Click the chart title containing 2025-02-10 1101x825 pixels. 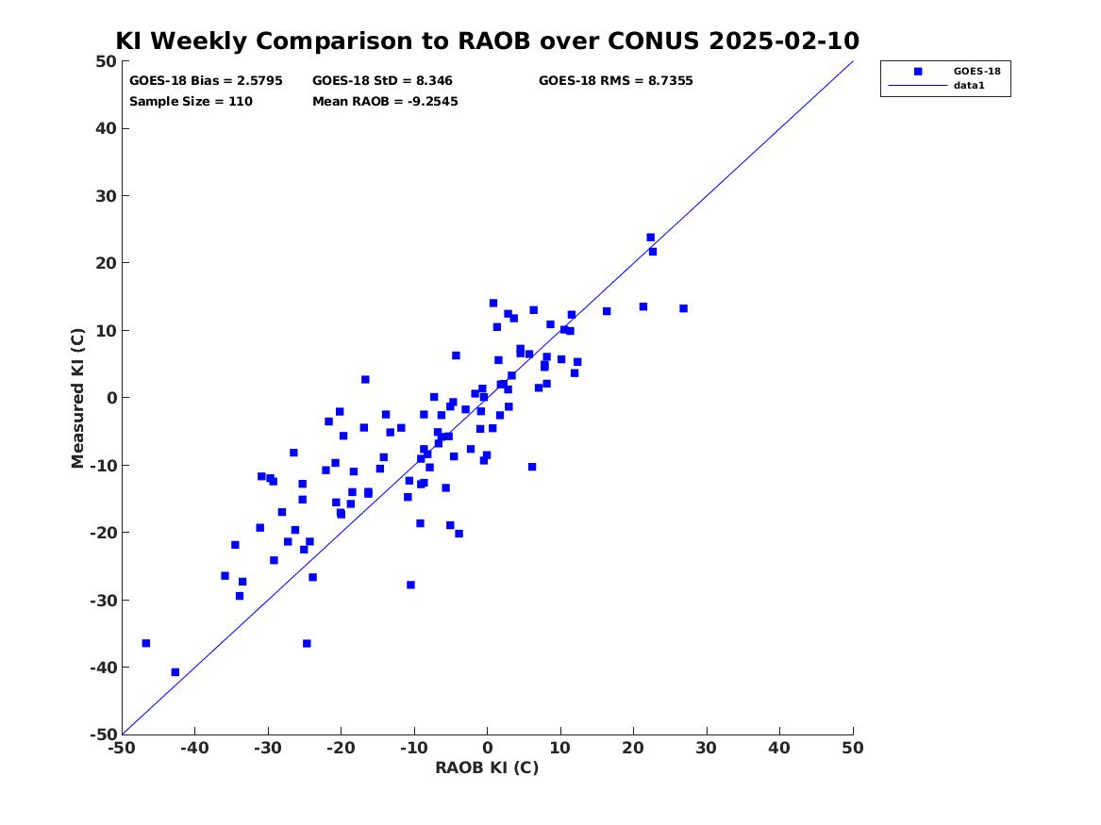488,41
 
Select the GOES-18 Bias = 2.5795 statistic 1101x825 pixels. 206,81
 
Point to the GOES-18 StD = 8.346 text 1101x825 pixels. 383,81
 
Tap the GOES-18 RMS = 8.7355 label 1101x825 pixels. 616,81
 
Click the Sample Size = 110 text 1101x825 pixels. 191,101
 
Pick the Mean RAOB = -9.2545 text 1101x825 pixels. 386,101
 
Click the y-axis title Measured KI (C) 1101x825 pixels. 77,398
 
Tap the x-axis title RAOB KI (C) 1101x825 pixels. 488,767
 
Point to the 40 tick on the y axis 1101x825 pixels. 106,128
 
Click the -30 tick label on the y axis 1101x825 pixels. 103,600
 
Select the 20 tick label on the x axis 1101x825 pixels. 633,748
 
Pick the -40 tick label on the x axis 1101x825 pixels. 195,748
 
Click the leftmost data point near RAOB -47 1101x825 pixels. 146,643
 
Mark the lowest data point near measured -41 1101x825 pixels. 175,672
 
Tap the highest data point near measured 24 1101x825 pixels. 651,238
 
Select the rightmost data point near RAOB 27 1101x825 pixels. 684,308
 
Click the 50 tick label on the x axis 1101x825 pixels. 853,748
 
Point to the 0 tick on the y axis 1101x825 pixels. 111,398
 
